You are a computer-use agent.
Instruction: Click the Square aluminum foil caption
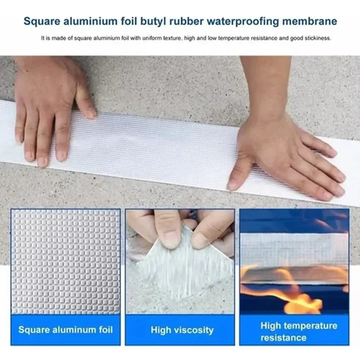66,330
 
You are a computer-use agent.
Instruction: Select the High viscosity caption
182,330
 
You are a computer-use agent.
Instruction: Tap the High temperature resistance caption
299,332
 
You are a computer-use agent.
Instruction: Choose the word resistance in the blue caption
283,338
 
